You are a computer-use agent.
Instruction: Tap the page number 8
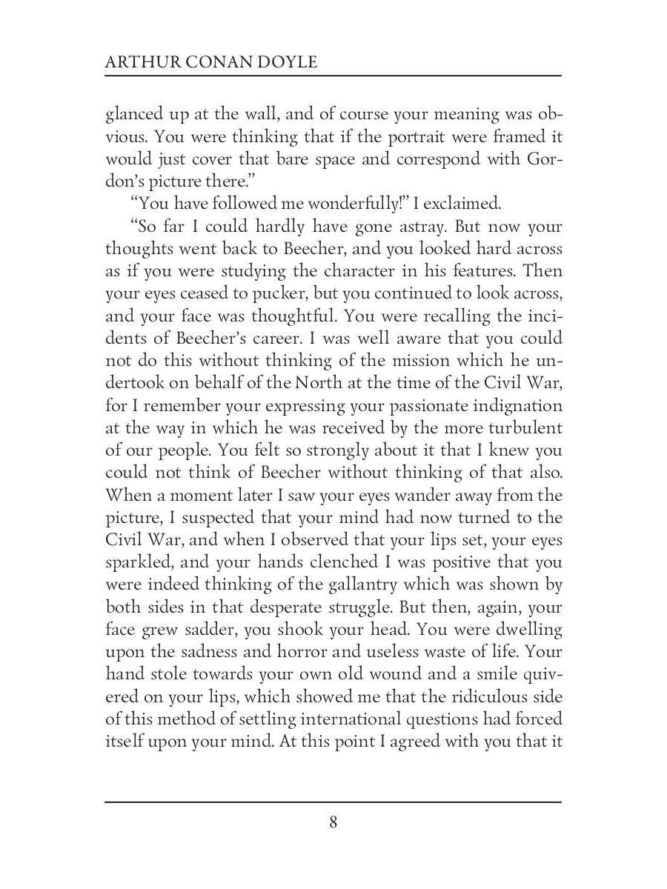333,822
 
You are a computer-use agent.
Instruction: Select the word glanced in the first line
132,116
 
